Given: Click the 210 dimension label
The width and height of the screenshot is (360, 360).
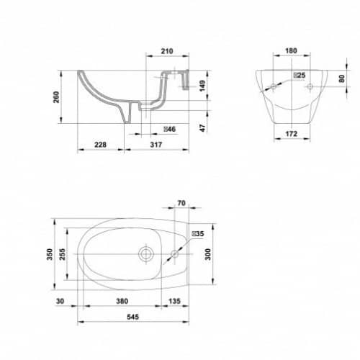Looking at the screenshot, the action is [x=167, y=51].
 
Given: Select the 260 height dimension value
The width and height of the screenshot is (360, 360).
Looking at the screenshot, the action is [x=56, y=97].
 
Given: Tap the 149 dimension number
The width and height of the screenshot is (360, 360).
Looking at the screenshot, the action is [x=202, y=86].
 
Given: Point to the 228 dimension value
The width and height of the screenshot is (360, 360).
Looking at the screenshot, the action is [x=100, y=145].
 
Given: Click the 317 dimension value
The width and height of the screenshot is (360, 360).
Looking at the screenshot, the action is [x=156, y=145].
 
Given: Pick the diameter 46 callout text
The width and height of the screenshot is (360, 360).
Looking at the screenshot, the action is [x=170, y=129].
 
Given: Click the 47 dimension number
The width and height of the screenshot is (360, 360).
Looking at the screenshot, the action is [x=203, y=128].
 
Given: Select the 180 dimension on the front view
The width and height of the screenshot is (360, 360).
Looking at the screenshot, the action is [x=291, y=50].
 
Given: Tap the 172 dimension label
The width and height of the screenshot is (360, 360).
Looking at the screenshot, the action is [x=292, y=134].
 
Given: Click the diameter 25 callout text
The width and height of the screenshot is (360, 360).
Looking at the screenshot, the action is [x=300, y=75].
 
